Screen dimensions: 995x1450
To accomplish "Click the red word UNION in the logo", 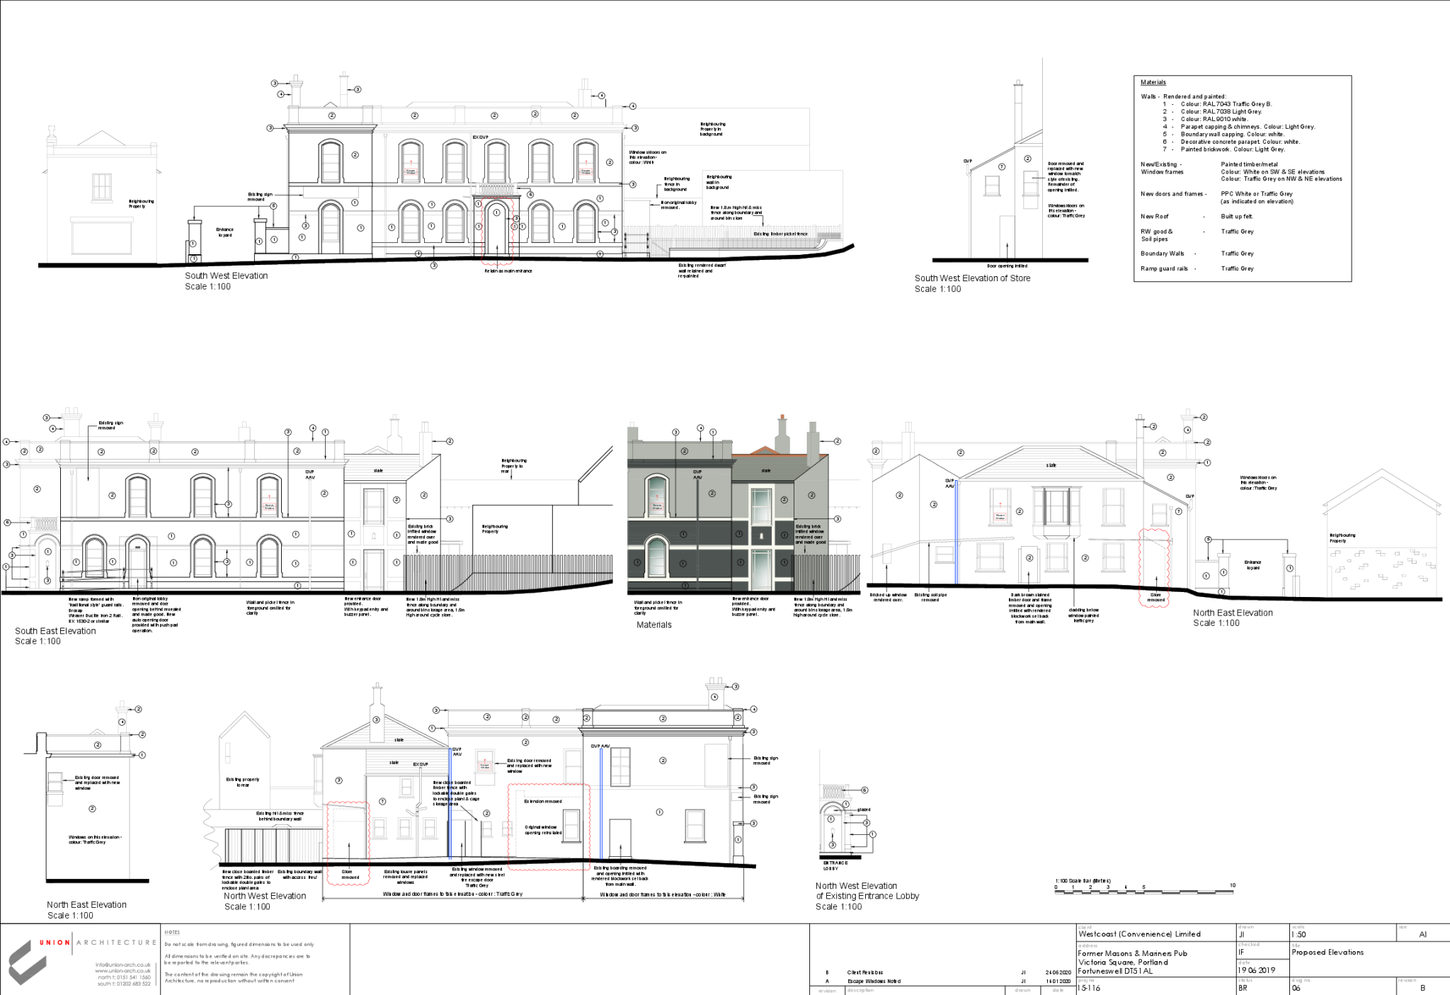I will (54, 943).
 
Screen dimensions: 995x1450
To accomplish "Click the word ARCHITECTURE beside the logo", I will (116, 943).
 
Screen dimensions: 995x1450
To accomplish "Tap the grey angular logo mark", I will (27, 962).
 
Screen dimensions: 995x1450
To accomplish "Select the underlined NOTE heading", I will (172, 933).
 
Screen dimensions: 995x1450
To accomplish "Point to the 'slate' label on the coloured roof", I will (766, 470).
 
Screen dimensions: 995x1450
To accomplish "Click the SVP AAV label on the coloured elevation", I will (697, 474).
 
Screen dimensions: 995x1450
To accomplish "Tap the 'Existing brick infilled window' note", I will (810, 534).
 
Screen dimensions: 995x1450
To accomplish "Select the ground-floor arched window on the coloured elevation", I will (657, 557).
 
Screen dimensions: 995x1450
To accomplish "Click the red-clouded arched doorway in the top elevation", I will (496, 232).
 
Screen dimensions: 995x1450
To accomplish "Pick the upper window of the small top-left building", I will (102, 187).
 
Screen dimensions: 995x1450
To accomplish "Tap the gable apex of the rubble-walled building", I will (1381, 470).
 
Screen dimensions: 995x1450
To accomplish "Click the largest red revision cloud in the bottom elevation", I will (549, 826).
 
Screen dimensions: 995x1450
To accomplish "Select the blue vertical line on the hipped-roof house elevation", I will (957, 531).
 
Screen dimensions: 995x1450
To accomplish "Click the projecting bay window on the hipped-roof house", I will (1056, 507).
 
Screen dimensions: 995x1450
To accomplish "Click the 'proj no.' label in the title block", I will (1087, 980).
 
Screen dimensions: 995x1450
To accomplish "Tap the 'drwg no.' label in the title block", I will (1301, 980).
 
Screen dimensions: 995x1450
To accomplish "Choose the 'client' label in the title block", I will (1085, 927).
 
